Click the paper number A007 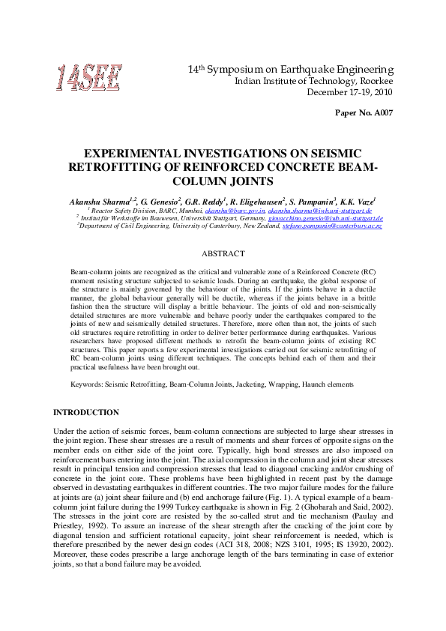point(364,112)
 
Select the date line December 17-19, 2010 point(351,92)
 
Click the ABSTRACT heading point(223,254)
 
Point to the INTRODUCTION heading point(85,412)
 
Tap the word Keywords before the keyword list point(85,384)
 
